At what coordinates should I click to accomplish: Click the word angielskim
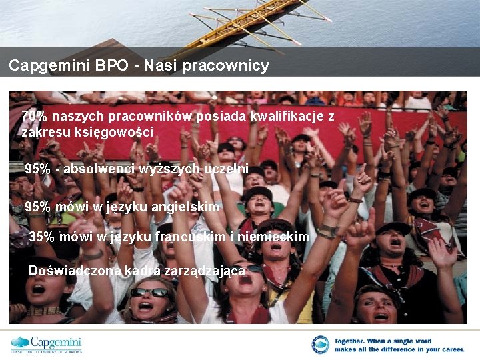point(185,207)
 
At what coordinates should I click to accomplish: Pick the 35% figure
point(41,237)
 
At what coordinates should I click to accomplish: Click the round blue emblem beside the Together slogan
point(320,345)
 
